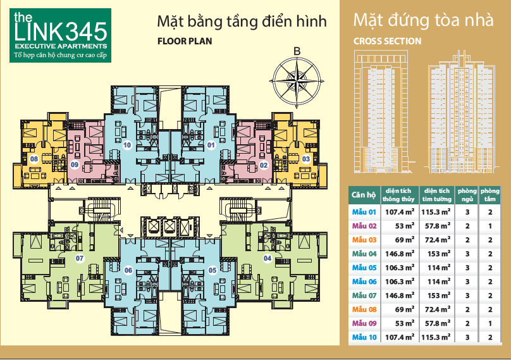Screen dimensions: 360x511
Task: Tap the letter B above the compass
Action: click(x=296, y=51)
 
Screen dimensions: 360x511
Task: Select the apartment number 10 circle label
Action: click(x=128, y=145)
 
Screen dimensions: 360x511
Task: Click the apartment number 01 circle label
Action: click(x=211, y=145)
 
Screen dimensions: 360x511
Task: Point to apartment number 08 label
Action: click(x=34, y=159)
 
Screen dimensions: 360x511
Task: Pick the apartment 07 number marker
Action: click(x=80, y=258)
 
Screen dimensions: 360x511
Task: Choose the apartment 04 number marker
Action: click(x=268, y=258)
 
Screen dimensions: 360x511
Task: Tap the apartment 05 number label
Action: click(x=212, y=270)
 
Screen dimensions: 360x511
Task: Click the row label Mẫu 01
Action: click(x=364, y=212)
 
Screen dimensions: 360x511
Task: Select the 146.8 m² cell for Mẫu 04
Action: click(x=400, y=254)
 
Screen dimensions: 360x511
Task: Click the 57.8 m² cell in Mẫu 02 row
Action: click(x=437, y=226)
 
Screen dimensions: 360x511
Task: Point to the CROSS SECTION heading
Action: click(x=387, y=41)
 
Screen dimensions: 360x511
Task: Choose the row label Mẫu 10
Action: click(x=364, y=337)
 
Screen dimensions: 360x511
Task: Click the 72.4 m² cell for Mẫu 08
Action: click(x=437, y=309)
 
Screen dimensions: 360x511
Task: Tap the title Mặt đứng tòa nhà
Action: click(x=423, y=20)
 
